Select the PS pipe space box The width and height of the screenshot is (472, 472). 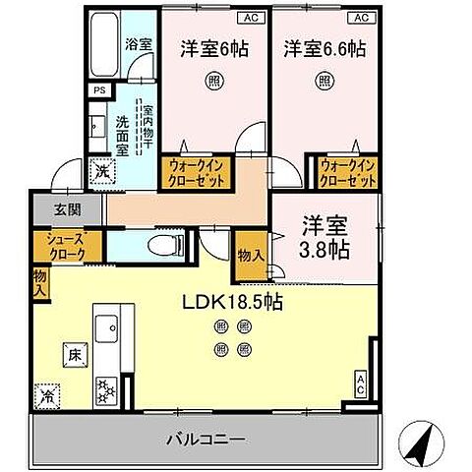(97, 90)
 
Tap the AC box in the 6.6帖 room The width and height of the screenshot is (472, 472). (361, 18)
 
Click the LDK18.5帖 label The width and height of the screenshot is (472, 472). (233, 304)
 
